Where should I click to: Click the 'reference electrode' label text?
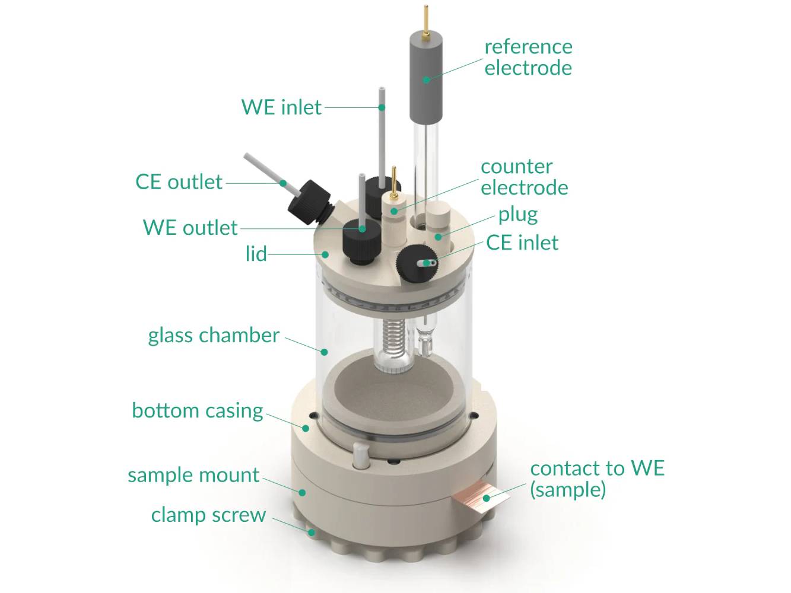528,57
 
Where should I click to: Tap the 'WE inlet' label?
281,107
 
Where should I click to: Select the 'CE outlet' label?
179,182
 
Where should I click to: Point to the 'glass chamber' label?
213,336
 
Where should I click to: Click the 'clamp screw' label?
208,515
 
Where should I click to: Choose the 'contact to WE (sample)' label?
596,479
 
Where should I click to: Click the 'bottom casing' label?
197,410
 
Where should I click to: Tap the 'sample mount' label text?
193,475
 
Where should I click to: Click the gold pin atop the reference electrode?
425,21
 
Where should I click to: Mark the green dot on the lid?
325,254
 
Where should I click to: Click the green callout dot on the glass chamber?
324,352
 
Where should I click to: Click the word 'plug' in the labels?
517,215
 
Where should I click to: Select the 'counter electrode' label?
523,177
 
